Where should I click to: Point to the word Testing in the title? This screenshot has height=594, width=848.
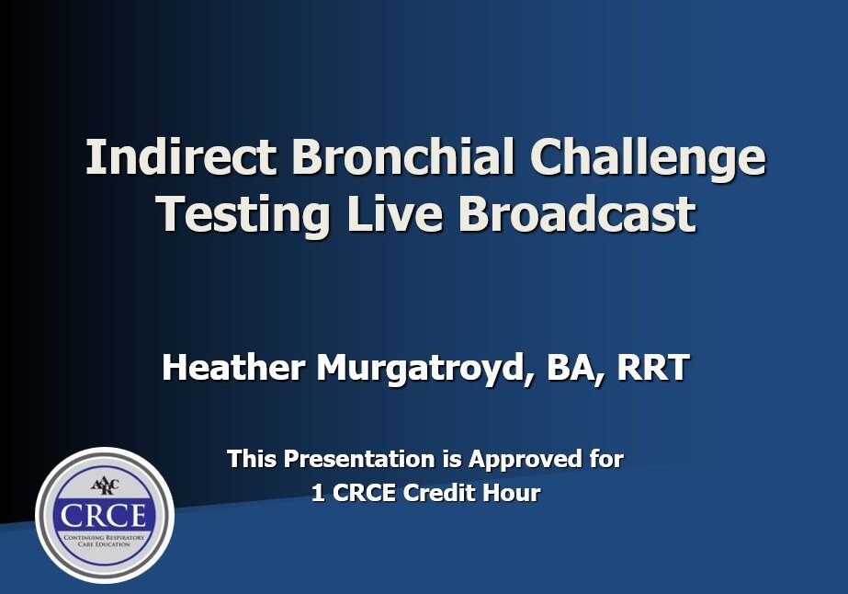(x=242, y=215)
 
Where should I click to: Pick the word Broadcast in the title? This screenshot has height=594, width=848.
(x=578, y=215)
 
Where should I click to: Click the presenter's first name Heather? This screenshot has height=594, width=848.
(x=233, y=368)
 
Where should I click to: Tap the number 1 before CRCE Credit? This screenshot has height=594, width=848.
(x=318, y=493)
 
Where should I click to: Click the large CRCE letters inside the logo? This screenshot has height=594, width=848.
(x=105, y=512)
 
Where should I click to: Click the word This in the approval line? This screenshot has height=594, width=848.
(x=251, y=458)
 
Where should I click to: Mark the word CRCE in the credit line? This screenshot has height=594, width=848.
(x=364, y=493)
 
